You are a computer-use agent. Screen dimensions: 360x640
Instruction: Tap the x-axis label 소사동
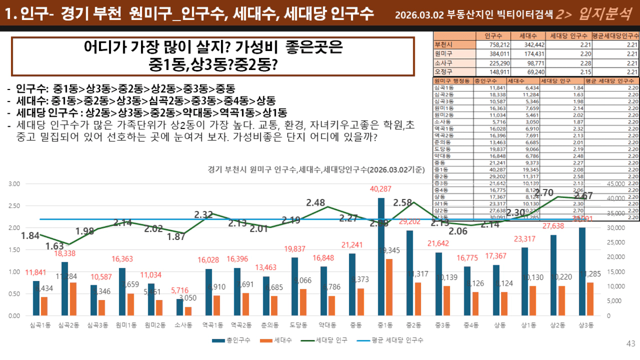coord(181,326)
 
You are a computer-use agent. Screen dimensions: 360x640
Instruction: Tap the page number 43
coord(631,344)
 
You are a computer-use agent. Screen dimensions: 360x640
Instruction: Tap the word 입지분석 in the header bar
coord(605,14)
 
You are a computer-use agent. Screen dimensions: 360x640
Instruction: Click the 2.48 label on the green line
coord(316,203)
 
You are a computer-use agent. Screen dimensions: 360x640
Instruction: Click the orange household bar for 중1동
coord(389,287)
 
